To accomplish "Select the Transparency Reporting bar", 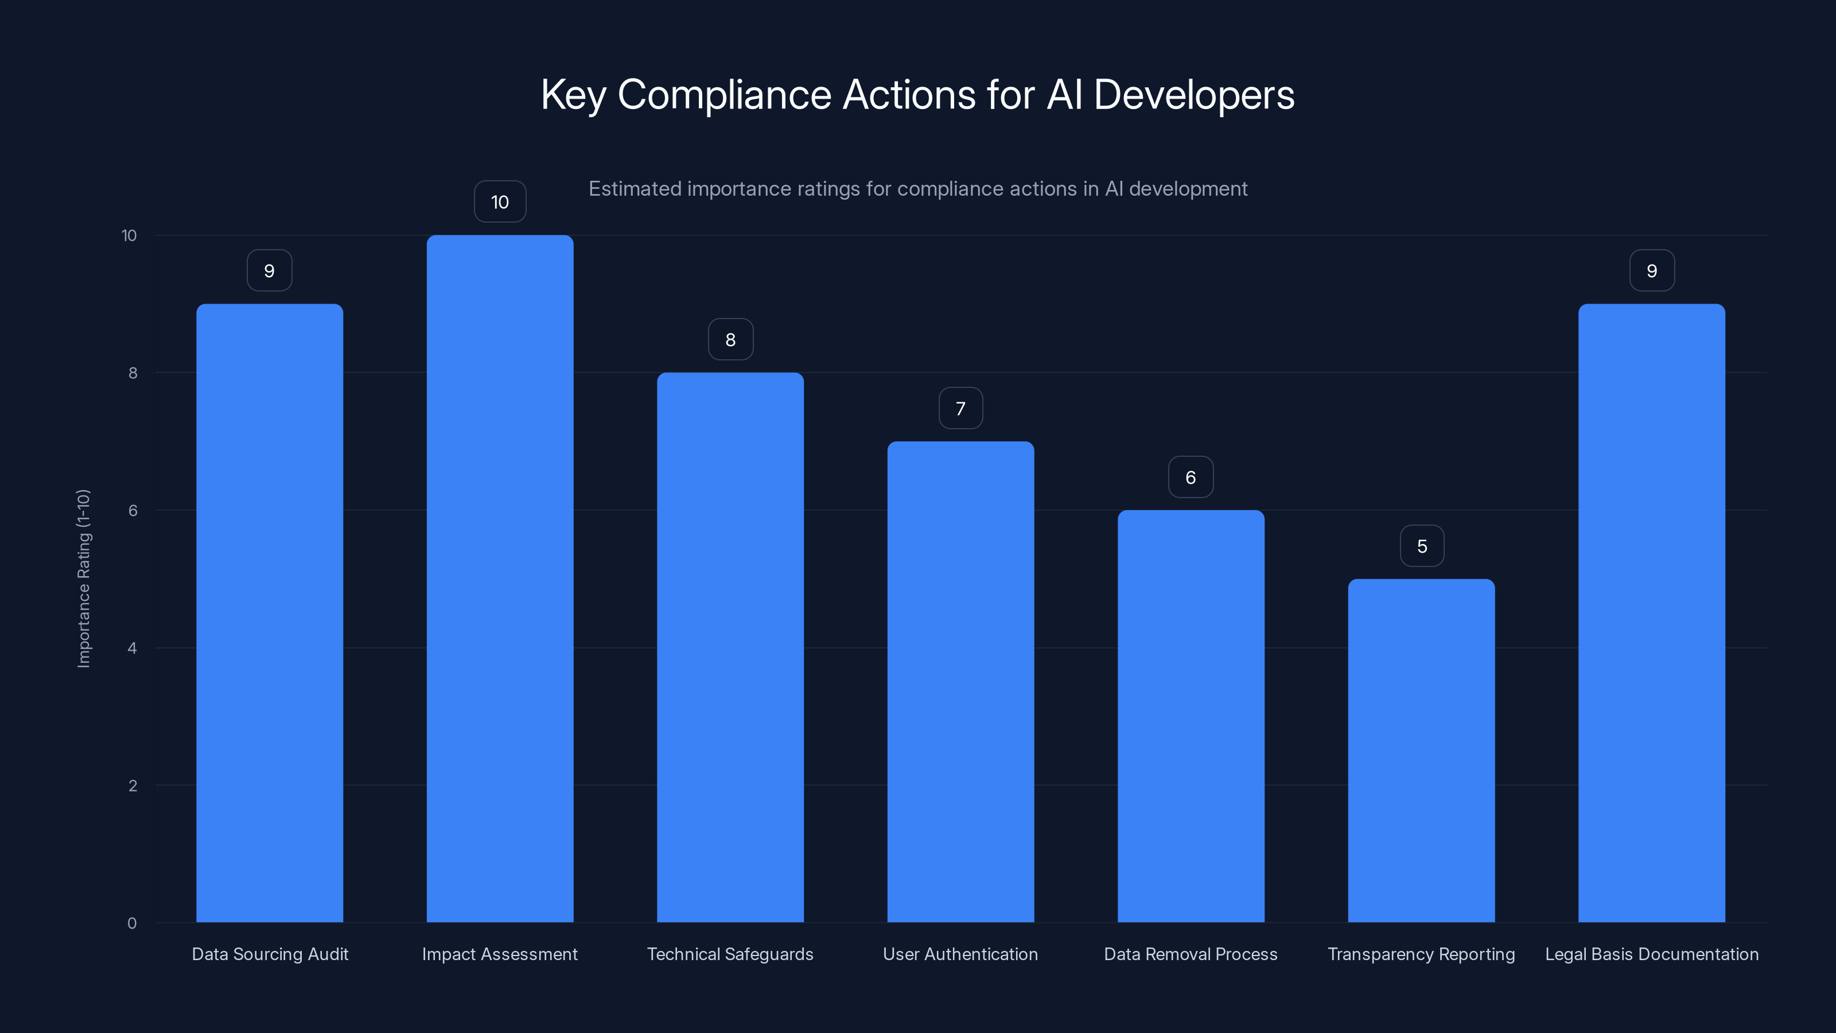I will (x=1421, y=750).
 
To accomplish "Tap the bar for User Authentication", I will (x=960, y=682).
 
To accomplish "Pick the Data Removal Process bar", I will (x=1191, y=716).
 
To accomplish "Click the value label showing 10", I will (x=500, y=202).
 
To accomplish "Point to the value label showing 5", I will (x=1422, y=546).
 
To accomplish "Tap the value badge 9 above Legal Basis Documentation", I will (x=1651, y=271).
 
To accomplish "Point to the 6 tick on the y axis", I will (x=133, y=510).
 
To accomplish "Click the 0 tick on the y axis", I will (x=132, y=923).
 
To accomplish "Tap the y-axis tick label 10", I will (x=129, y=235).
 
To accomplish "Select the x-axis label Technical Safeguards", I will (x=730, y=954).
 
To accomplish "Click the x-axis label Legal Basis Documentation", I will (x=1651, y=954).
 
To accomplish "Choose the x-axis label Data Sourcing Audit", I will (x=270, y=954).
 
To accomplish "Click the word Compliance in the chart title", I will (x=724, y=95).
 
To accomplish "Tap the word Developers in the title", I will (x=1194, y=95).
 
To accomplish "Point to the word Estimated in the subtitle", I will (x=635, y=189).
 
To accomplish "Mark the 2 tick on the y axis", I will (x=133, y=786).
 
